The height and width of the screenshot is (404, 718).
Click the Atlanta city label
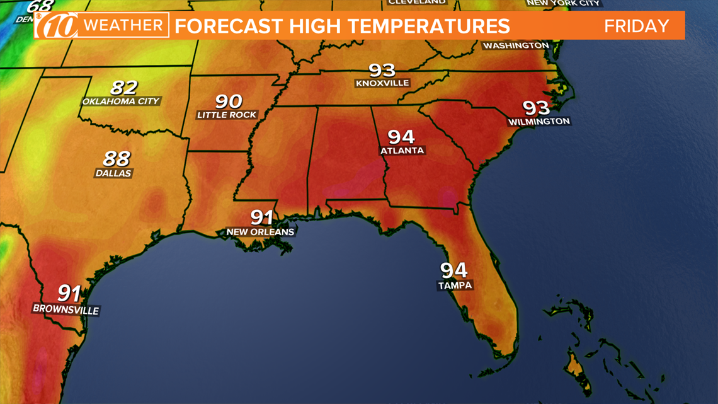pyautogui.click(x=402, y=151)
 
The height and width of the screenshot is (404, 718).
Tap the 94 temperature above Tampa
pyautogui.click(x=453, y=270)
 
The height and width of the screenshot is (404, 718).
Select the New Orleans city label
pyautogui.click(x=260, y=232)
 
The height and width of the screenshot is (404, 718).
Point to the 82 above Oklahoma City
pyautogui.click(x=123, y=88)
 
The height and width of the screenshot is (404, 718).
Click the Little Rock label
pyautogui.click(x=227, y=115)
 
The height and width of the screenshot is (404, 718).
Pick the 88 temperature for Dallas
pyautogui.click(x=117, y=159)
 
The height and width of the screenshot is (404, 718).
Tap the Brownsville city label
pyautogui.click(x=66, y=310)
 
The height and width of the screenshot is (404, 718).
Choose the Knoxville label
pyautogui.click(x=382, y=83)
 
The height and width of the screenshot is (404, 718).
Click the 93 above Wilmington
pyautogui.click(x=536, y=108)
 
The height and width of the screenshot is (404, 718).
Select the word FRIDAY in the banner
pyautogui.click(x=636, y=26)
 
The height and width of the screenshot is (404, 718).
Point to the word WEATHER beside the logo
pyautogui.click(x=124, y=26)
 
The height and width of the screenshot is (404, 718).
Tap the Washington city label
pyautogui.click(x=516, y=45)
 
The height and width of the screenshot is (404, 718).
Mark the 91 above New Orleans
pyautogui.click(x=261, y=217)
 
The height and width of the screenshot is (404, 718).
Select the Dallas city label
pyautogui.click(x=113, y=173)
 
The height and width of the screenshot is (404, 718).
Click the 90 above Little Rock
pyautogui.click(x=228, y=101)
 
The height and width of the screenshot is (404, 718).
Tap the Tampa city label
pyautogui.click(x=455, y=285)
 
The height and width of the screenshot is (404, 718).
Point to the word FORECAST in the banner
pyautogui.click(x=226, y=26)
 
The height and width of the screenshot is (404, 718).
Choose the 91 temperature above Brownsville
pyautogui.click(x=69, y=293)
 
